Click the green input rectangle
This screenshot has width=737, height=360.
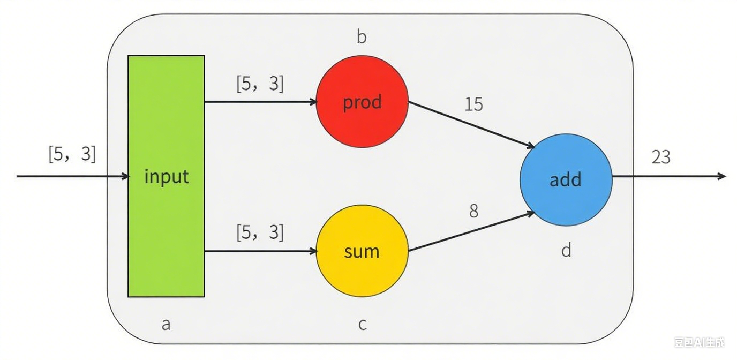coord(166,176)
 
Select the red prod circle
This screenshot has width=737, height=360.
coord(362,101)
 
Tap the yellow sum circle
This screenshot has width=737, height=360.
coord(362,251)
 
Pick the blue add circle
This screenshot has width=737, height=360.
coord(566,179)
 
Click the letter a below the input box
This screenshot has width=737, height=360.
coord(166,325)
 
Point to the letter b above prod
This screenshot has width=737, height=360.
coord(362,37)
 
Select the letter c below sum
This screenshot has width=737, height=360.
coord(362,325)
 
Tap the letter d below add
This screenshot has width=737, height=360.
coord(566,250)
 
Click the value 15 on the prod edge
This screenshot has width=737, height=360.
coord(474,104)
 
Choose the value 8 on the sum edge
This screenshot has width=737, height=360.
coord(474,211)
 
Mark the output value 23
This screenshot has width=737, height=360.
coord(661,157)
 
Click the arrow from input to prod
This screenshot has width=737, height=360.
coord(261,102)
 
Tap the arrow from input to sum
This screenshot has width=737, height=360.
coord(261,251)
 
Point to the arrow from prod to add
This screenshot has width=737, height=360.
coord(471,125)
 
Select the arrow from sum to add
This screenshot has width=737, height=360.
coord(471,231)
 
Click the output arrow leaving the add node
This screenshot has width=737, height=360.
coord(669,176)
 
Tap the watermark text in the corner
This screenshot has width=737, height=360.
coord(699,342)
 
